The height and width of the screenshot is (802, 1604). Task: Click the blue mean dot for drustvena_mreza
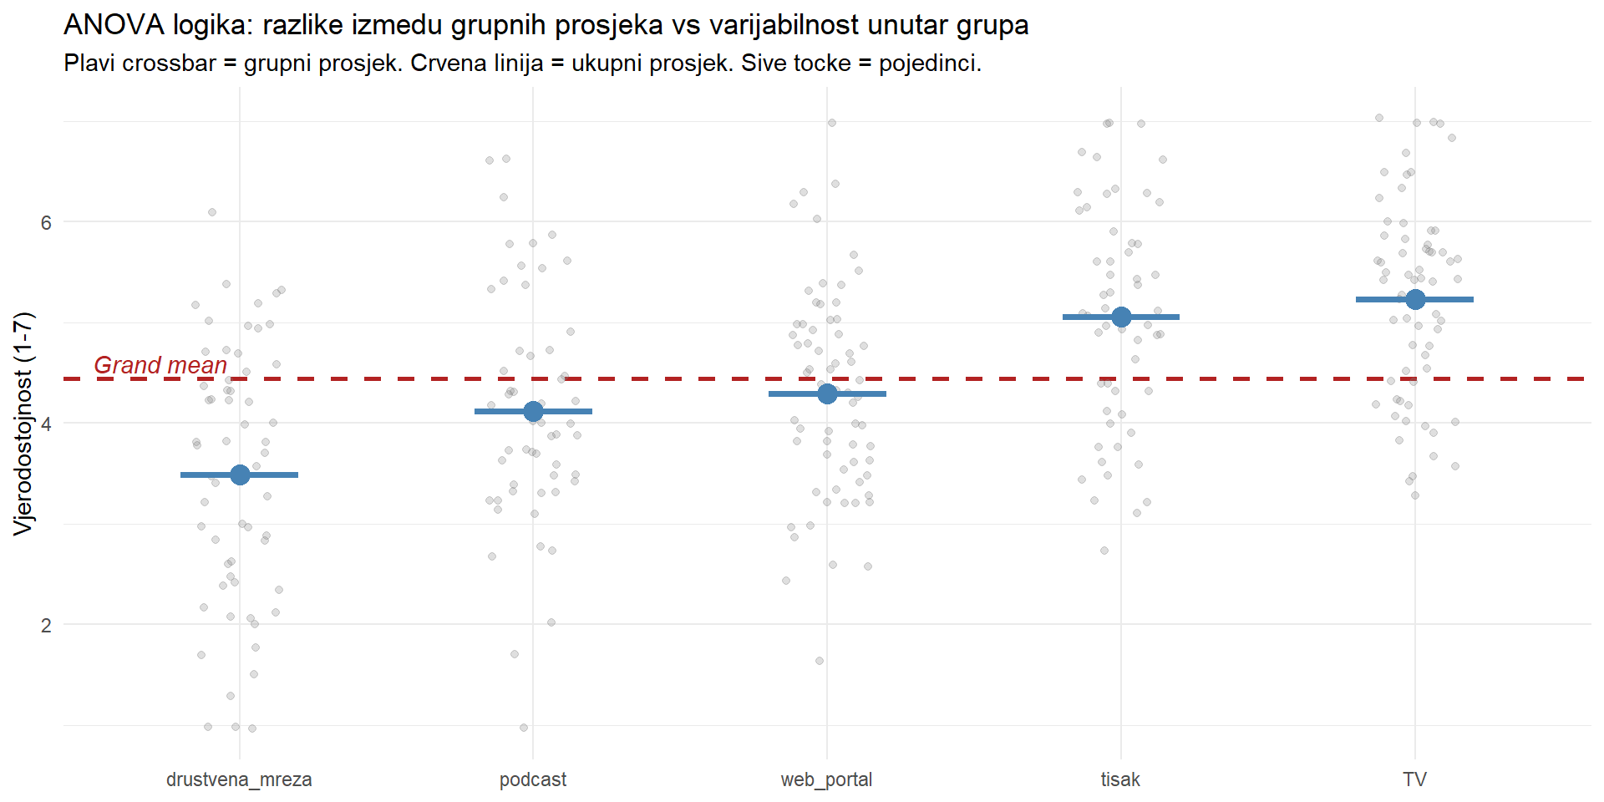(x=240, y=475)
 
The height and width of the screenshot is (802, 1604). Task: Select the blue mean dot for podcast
(x=533, y=411)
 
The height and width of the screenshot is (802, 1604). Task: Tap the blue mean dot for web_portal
(x=827, y=393)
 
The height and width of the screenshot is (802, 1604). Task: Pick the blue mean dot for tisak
(x=1121, y=317)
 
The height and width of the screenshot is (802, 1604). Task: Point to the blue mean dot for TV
(x=1415, y=299)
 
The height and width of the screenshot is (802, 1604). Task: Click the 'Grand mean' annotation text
(x=160, y=365)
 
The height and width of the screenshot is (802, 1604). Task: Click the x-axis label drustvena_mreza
(x=239, y=779)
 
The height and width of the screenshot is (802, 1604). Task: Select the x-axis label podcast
(x=533, y=779)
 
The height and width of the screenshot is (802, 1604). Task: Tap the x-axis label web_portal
(x=826, y=779)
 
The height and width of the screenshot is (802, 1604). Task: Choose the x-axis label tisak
(x=1120, y=779)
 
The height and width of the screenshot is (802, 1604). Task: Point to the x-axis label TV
(x=1414, y=779)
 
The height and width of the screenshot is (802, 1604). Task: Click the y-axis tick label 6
(x=46, y=222)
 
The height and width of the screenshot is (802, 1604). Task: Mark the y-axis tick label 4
(x=46, y=424)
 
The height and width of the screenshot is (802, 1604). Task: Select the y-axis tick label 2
(x=46, y=625)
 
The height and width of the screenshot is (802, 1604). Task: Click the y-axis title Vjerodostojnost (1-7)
(x=23, y=423)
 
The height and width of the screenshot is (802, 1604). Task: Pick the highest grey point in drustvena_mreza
(x=212, y=212)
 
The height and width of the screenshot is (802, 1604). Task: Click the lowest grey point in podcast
(x=524, y=728)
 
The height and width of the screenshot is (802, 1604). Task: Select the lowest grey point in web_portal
(x=820, y=661)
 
